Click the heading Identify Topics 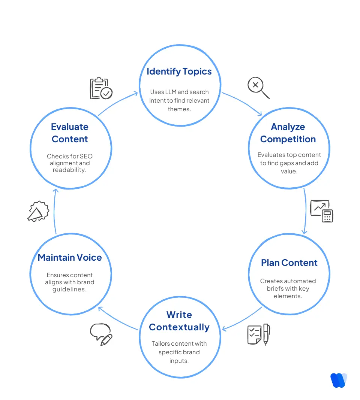pyautogui.click(x=179, y=72)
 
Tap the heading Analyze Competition pyautogui.click(x=288, y=133)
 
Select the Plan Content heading pyautogui.click(x=289, y=263)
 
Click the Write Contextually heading pyautogui.click(x=179, y=321)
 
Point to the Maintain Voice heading pyautogui.click(x=70, y=258)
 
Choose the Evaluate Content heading pyautogui.click(x=70, y=133)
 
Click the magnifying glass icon pyautogui.click(x=258, y=88)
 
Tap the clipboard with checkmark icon pyautogui.click(x=101, y=88)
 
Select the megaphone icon pyautogui.click(x=38, y=212)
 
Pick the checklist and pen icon pyautogui.click(x=258, y=334)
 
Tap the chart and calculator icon pyautogui.click(x=321, y=211)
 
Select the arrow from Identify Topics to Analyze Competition pyautogui.click(x=242, y=103)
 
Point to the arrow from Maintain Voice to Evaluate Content pyautogui.click(x=54, y=212)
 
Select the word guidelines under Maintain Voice pyautogui.click(x=70, y=289)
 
